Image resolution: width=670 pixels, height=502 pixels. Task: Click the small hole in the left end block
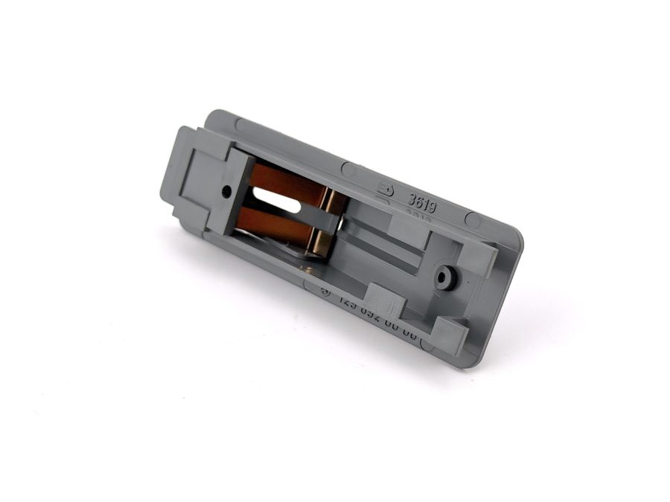pos(226,192)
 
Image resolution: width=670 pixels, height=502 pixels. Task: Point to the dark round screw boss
pos(447,278)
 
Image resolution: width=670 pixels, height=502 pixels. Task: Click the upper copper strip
pos(287,183)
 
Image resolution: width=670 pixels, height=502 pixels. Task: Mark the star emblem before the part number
pos(325,292)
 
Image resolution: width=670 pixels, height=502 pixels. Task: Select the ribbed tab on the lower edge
pos(386,300)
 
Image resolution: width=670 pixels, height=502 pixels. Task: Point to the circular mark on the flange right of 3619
pos(472,220)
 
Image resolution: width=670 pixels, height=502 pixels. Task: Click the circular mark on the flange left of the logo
pos(348,170)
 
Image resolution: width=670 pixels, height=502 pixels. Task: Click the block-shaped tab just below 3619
pos(408,231)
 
